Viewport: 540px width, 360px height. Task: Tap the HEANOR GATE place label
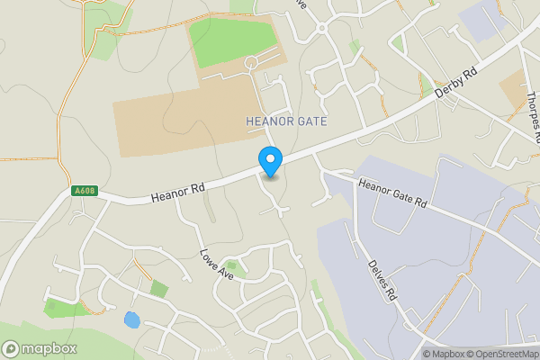[286, 121]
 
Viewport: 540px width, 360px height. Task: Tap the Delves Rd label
[382, 280]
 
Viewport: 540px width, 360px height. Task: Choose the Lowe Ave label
[216, 263]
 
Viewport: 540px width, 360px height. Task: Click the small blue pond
[132, 319]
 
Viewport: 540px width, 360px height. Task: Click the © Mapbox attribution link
[445, 354]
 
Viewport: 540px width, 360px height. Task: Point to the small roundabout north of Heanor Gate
[320, 28]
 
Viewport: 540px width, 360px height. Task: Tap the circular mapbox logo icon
[12, 349]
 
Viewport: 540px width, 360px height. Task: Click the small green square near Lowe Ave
[159, 289]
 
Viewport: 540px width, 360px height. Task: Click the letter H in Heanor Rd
[156, 194]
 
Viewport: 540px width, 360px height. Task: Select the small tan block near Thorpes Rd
[514, 90]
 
